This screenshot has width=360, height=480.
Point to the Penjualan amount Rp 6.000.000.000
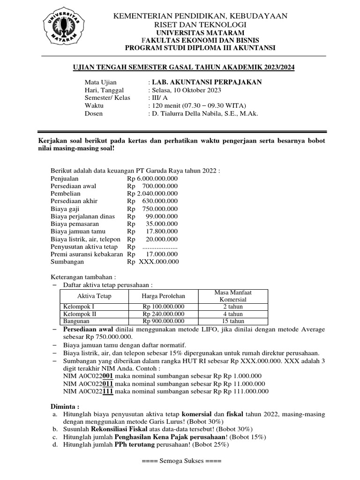coord(152,179)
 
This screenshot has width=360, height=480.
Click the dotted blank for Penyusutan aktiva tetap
coord(160,247)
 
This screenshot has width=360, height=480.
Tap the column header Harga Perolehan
coord(163,296)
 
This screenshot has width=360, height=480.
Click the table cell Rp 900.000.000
coord(163,321)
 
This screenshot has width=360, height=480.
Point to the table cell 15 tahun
coord(233,321)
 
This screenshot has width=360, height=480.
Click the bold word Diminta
coord(65,406)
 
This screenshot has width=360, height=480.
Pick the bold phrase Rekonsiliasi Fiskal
coord(117,428)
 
